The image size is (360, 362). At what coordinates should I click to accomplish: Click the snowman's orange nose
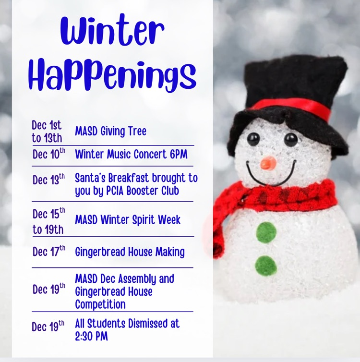(268, 163)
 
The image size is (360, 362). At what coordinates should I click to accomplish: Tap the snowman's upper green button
(266, 232)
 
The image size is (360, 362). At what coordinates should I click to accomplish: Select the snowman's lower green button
(266, 265)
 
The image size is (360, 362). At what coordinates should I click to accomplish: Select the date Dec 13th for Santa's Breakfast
(48, 180)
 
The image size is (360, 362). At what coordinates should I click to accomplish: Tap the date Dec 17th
(48, 251)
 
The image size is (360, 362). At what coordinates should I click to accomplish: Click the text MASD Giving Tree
(110, 131)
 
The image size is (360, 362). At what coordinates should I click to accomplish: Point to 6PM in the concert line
(176, 155)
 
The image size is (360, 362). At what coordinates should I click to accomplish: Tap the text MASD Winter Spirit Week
(128, 220)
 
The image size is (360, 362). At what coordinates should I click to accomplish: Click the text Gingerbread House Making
(130, 252)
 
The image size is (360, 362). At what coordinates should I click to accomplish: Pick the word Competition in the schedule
(100, 304)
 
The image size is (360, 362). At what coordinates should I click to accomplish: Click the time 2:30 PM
(91, 336)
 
